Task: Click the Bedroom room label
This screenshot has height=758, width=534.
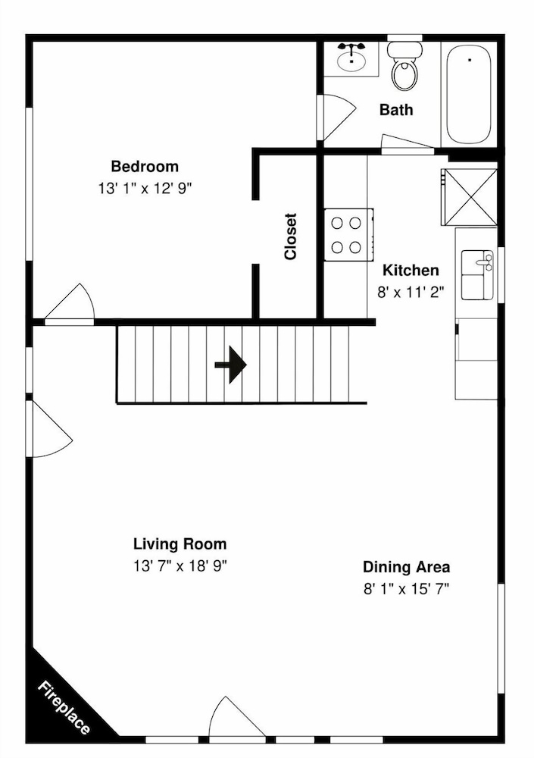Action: click(145, 166)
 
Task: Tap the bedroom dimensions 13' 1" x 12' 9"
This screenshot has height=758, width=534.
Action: click(145, 188)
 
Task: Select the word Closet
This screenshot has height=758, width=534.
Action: click(290, 236)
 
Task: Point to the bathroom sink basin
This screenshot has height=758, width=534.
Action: click(351, 61)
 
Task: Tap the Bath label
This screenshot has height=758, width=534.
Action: click(396, 110)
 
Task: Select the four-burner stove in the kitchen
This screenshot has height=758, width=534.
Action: click(348, 235)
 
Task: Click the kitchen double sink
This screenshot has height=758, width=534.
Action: click(477, 274)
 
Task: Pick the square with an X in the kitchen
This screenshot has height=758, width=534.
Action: click(470, 197)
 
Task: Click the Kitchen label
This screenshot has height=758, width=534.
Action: click(411, 270)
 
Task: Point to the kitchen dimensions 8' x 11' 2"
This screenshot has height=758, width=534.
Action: click(411, 292)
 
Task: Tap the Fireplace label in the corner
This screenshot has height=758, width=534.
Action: click(64, 707)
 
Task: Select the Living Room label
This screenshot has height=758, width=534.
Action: click(180, 543)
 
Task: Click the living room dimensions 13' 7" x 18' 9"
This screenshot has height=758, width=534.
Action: click(180, 565)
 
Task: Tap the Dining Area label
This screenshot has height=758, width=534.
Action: click(407, 566)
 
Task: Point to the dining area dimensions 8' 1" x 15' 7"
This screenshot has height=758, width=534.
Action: click(407, 589)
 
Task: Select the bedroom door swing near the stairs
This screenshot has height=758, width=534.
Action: click(70, 304)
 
